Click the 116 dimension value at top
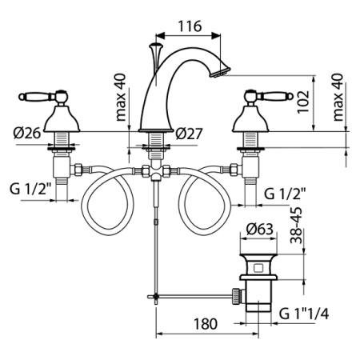189,26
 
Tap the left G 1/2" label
30,190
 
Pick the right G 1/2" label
286,192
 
